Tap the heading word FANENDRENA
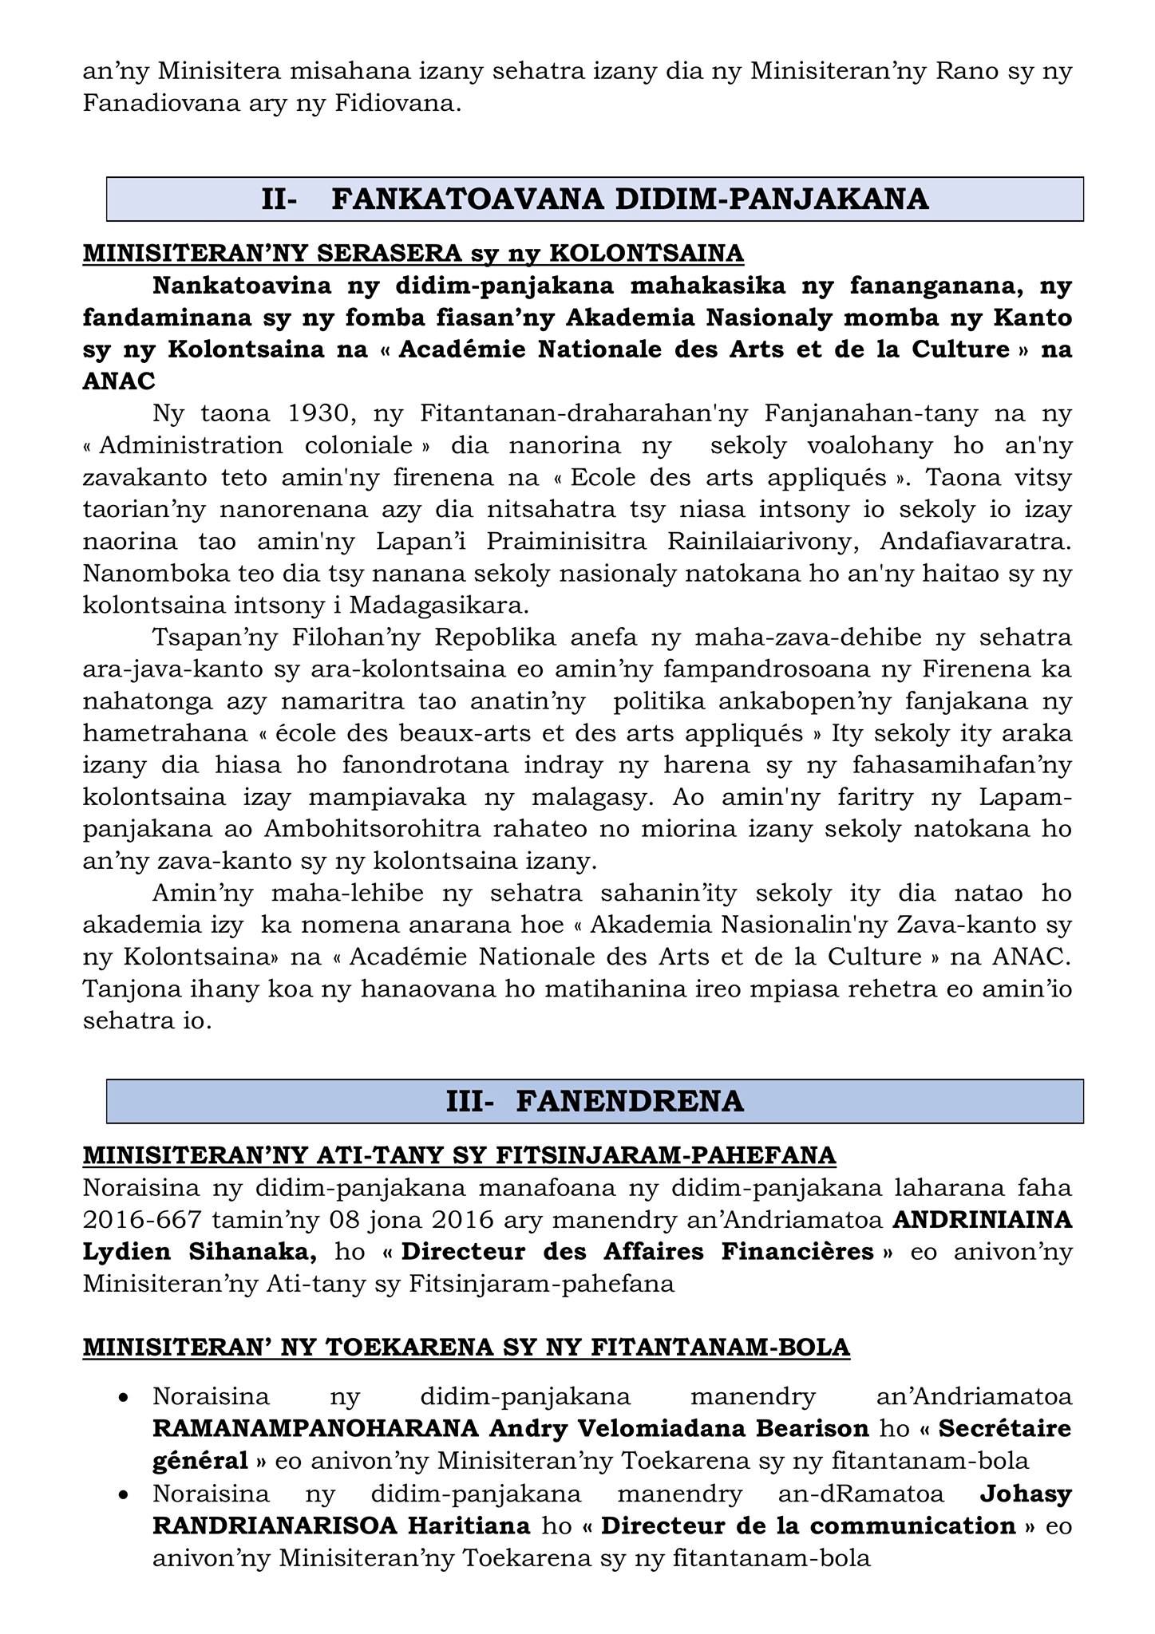630,1101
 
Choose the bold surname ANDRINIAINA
982,1220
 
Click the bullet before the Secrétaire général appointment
123,1398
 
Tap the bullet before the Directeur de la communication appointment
123,1494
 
